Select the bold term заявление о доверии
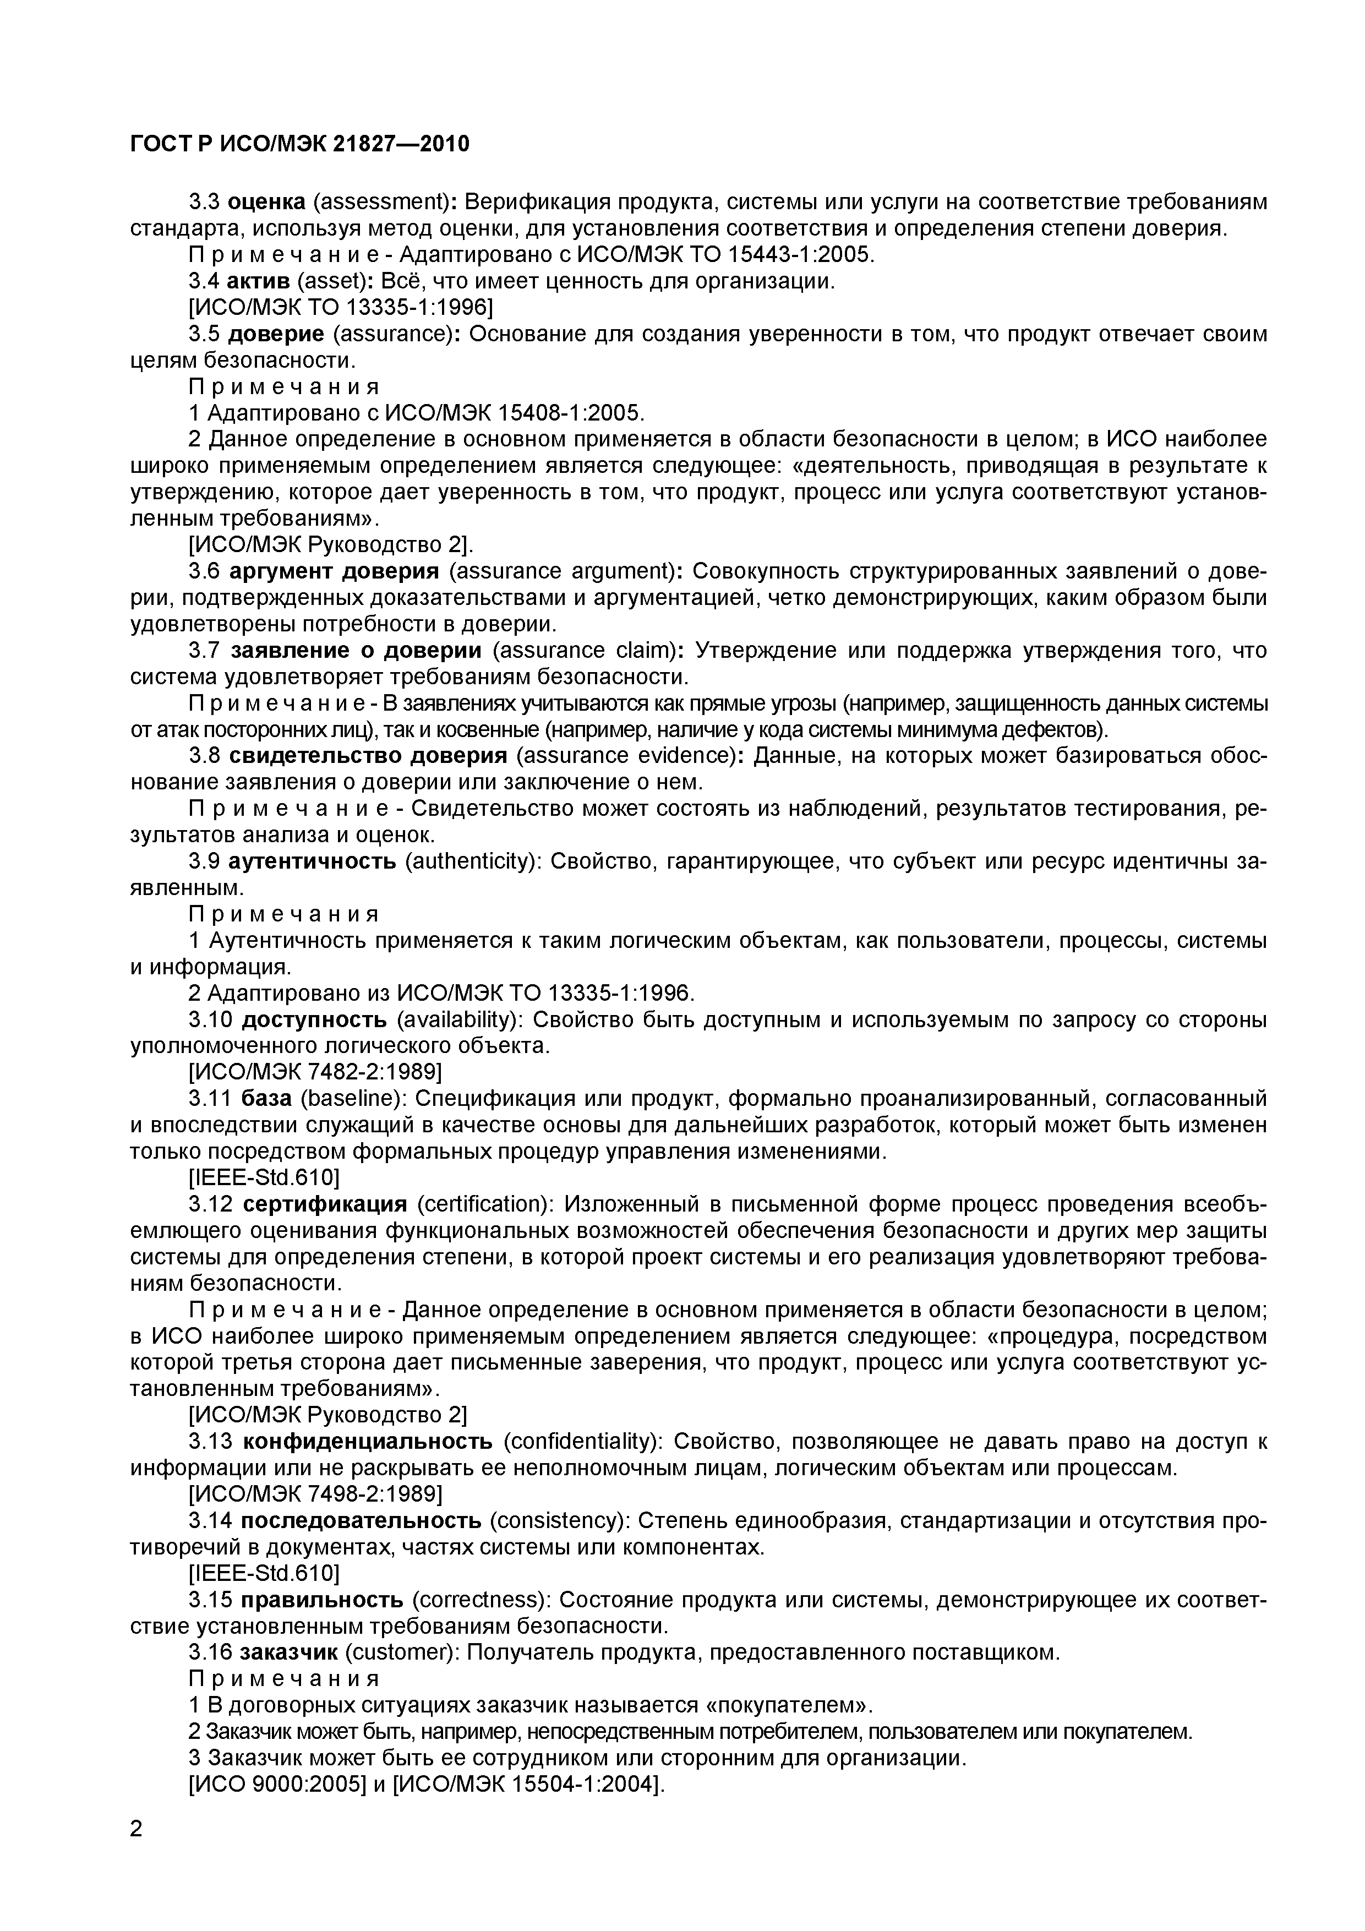click(x=356, y=650)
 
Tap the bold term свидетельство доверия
click(x=368, y=755)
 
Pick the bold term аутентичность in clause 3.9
click(x=312, y=861)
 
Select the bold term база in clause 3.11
click(x=266, y=1098)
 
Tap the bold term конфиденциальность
click(x=368, y=1442)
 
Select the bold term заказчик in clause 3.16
click(x=288, y=1652)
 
